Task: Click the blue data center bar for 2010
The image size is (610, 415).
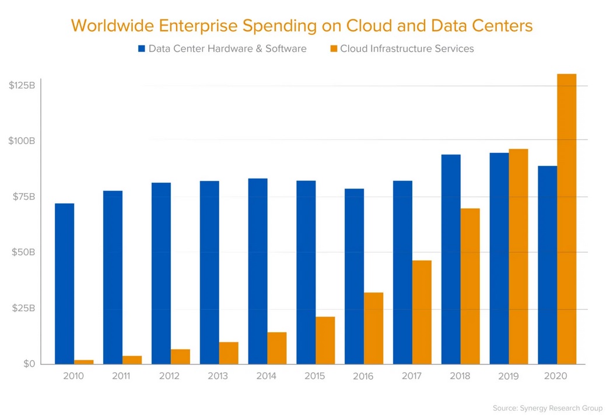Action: [x=64, y=284]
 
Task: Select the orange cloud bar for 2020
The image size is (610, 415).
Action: [x=566, y=219]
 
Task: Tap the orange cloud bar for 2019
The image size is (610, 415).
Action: [x=518, y=257]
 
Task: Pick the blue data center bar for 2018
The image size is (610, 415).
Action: [x=451, y=259]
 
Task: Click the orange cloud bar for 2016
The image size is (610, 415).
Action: [x=373, y=328]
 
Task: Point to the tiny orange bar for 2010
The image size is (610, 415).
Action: [x=83, y=362]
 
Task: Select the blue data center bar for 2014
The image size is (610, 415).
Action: [x=258, y=271]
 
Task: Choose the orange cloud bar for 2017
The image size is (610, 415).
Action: [x=422, y=312]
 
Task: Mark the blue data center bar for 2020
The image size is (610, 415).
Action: [x=547, y=265]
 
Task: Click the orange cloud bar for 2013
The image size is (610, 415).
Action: [x=229, y=353]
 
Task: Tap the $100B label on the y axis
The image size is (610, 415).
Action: [x=23, y=141]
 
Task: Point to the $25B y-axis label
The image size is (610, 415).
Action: [x=24, y=308]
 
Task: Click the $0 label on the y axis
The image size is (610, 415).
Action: [x=29, y=364]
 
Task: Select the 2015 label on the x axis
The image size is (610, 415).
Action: [x=315, y=376]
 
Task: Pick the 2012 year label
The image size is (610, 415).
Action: [x=170, y=376]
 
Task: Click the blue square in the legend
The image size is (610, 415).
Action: [x=141, y=49]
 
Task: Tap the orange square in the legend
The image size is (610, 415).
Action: [x=333, y=49]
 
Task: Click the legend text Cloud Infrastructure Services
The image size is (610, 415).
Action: [x=406, y=49]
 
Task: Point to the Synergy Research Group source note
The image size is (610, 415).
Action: [x=547, y=408]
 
